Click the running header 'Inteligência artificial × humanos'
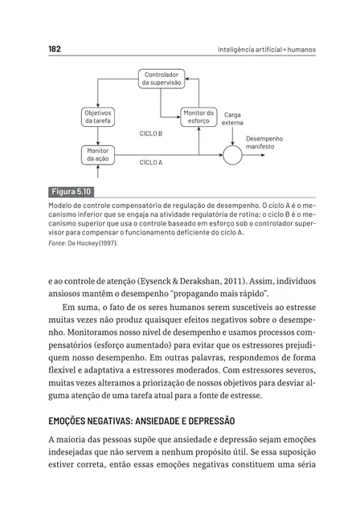(x=267, y=50)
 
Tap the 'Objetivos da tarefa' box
(x=98, y=116)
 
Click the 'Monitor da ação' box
(x=98, y=155)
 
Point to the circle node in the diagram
(x=231, y=155)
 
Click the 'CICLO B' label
(x=151, y=134)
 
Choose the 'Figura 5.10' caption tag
(x=72, y=192)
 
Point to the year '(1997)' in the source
(x=105, y=242)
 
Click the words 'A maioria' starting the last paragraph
(x=70, y=440)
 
